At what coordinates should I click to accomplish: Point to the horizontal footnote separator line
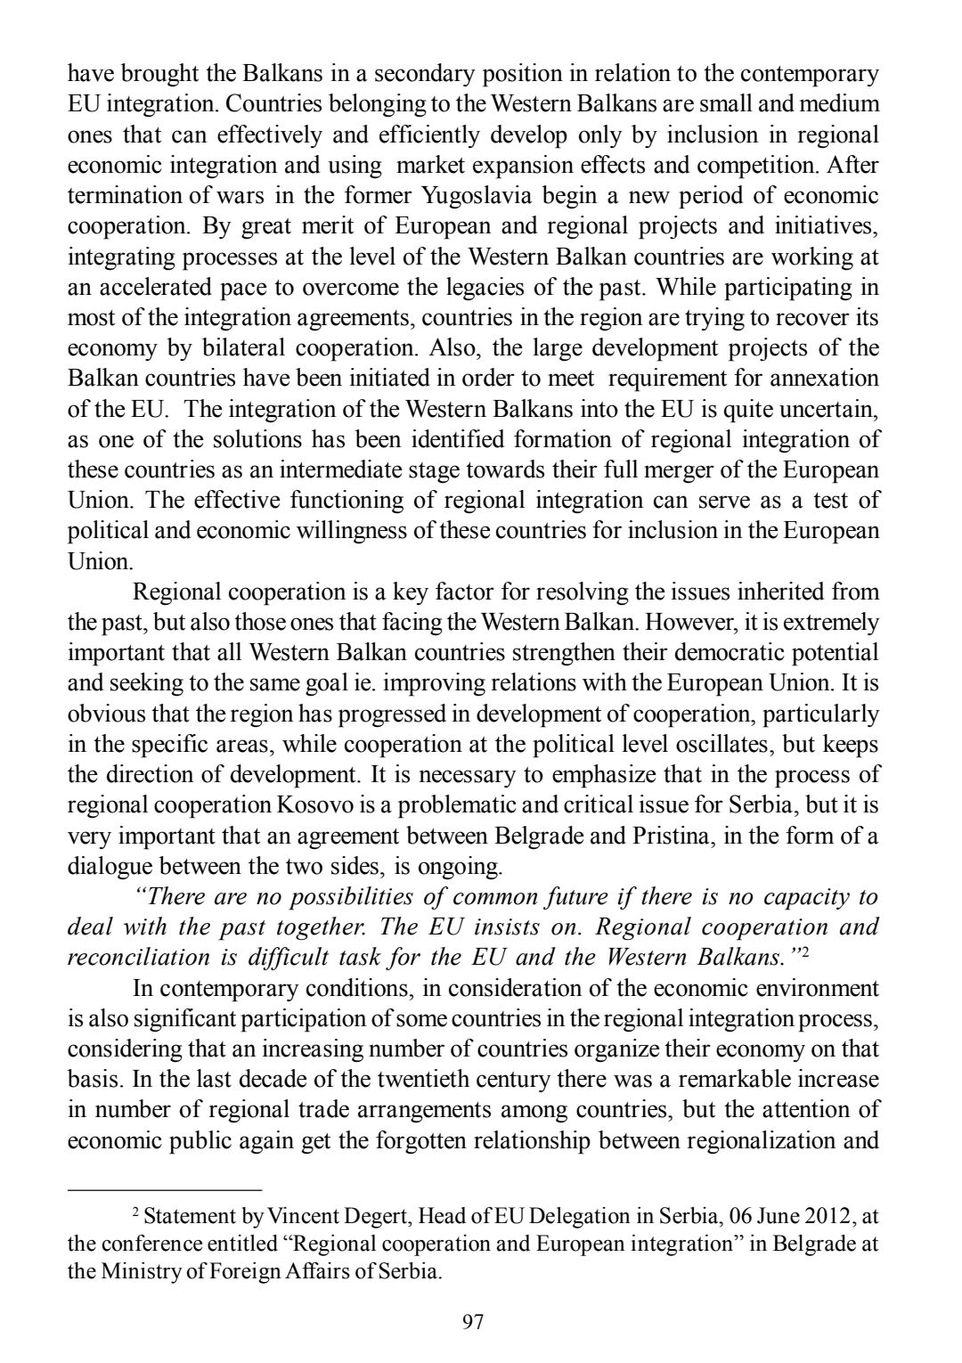[165, 1189]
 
